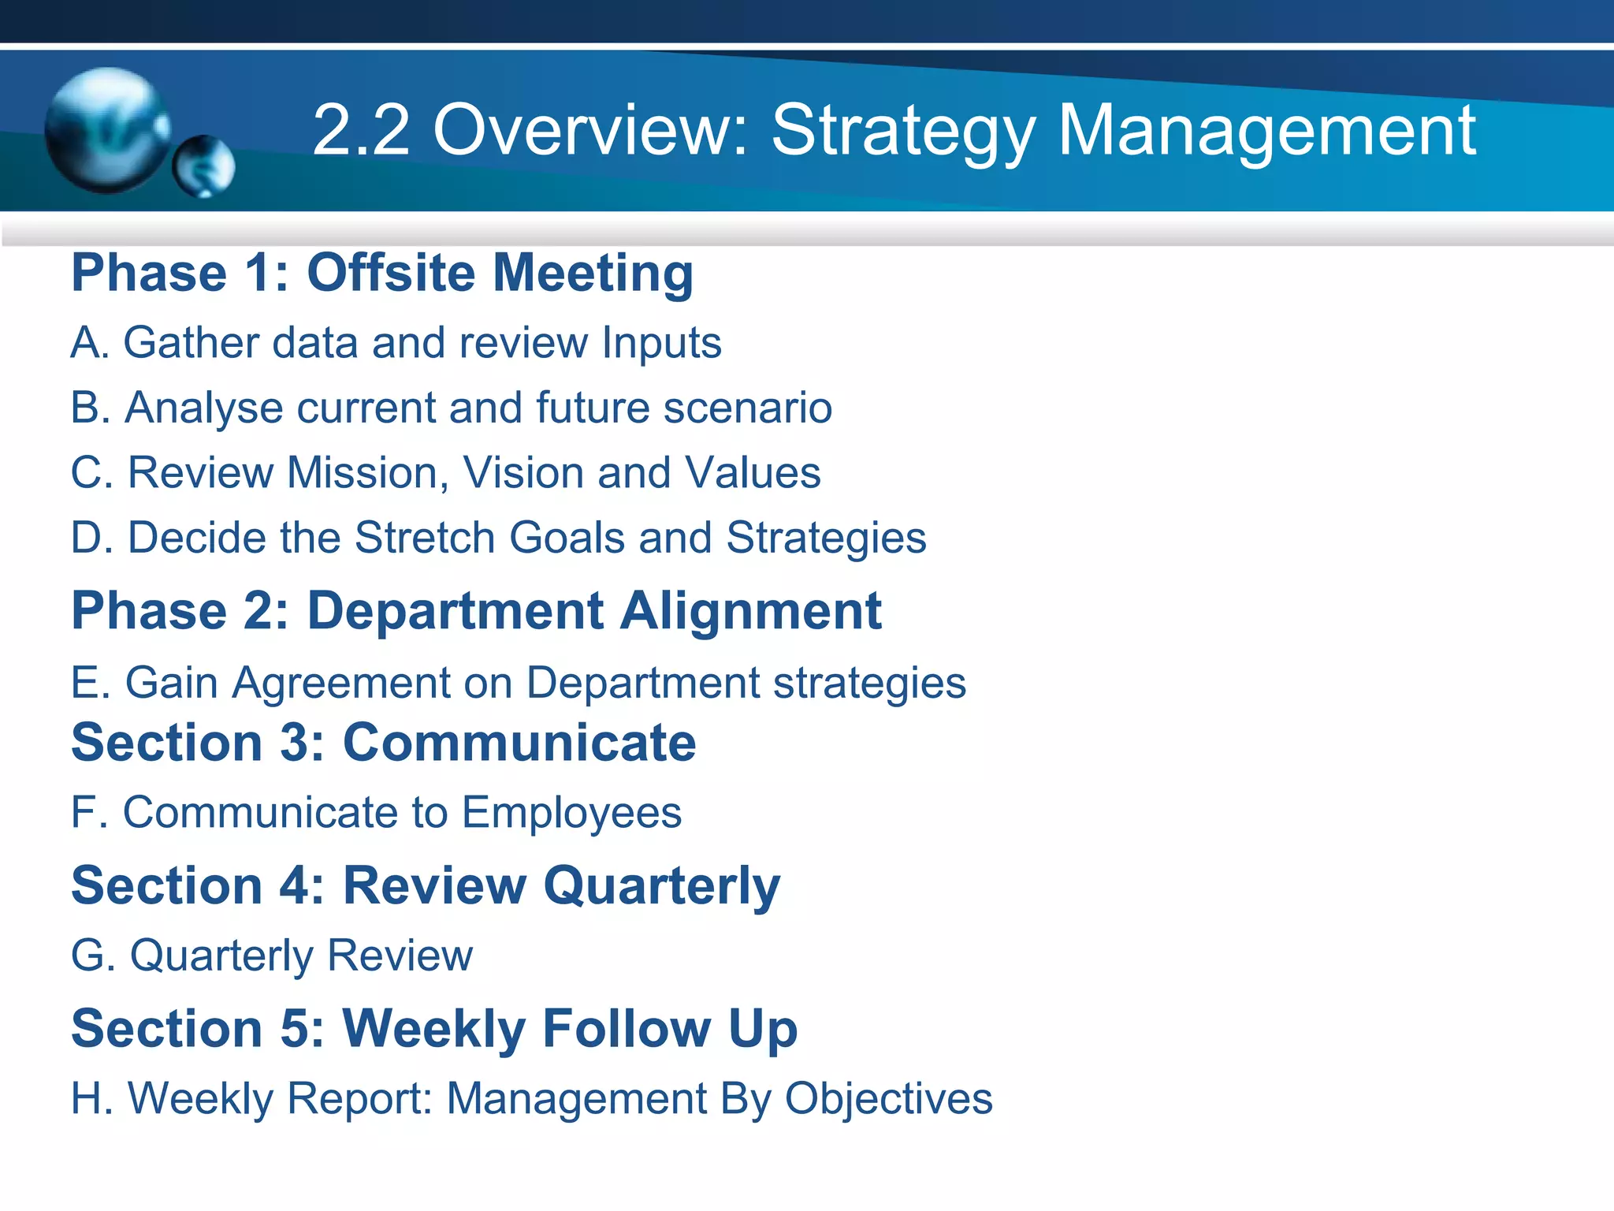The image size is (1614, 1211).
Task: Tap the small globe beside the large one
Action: (x=203, y=166)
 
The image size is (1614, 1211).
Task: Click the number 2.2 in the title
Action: (x=361, y=130)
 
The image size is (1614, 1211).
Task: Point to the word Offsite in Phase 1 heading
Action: (x=391, y=273)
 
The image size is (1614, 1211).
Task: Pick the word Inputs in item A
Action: (x=661, y=344)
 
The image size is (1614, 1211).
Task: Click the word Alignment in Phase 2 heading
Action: (x=750, y=611)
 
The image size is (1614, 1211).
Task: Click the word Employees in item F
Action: (x=571, y=814)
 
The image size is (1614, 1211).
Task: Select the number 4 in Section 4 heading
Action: (x=294, y=885)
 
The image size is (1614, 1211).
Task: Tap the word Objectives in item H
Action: (x=888, y=1099)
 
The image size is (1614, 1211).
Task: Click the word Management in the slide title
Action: (x=1266, y=130)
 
